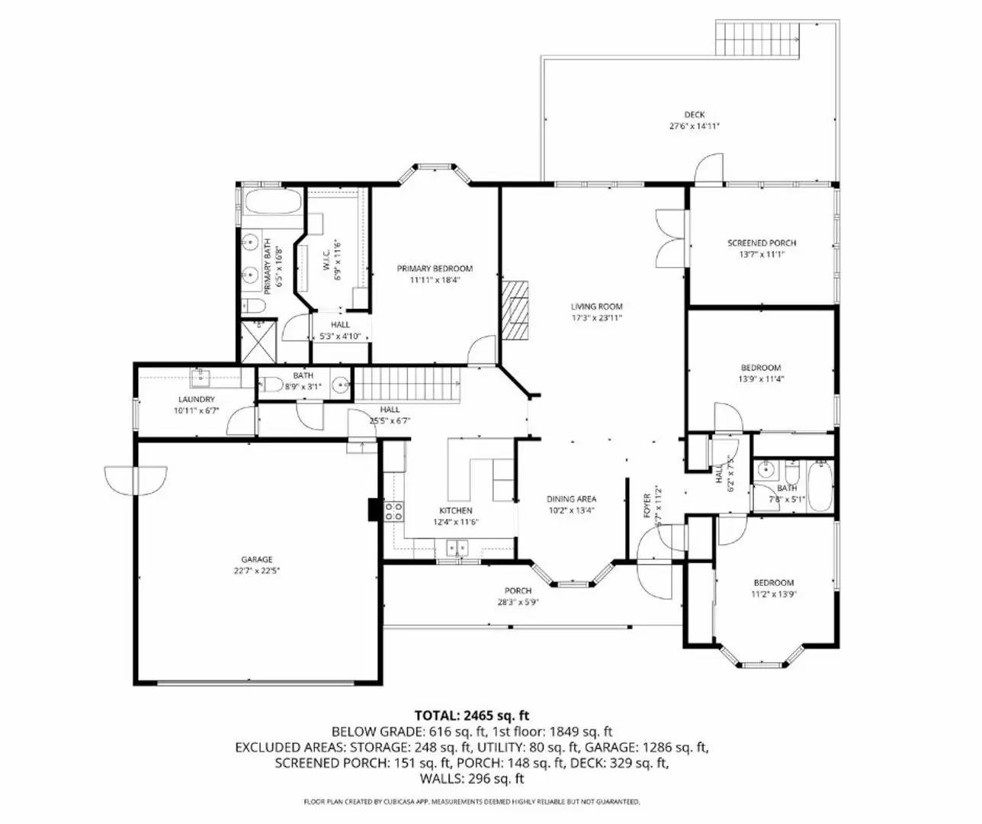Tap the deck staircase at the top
coord(756,39)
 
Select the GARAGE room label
coord(257,559)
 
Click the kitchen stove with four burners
coord(393,511)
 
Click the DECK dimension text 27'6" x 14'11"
coord(694,127)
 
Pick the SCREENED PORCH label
coord(762,243)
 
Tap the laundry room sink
coord(201,376)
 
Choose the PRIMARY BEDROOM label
coord(435,269)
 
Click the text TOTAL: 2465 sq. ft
coord(472,716)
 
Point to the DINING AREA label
coord(571,499)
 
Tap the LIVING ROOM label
coord(597,307)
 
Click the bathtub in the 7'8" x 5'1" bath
coord(820,485)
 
